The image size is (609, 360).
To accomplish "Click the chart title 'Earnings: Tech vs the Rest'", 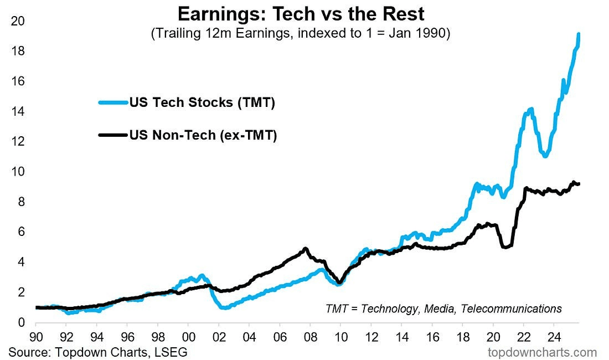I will [x=301, y=13].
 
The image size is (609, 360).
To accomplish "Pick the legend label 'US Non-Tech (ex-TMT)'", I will [x=203, y=135].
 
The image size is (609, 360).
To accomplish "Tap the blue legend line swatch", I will [x=113, y=102].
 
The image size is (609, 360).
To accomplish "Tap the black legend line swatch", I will [x=113, y=135].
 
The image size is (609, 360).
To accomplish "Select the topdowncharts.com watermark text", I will [x=542, y=352].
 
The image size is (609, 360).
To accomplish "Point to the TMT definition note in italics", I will [x=443, y=308].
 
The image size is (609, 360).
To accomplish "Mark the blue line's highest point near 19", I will [x=579, y=35].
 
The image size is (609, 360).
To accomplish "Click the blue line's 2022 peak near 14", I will [x=531, y=109].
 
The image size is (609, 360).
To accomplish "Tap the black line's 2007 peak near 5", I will [x=306, y=249].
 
